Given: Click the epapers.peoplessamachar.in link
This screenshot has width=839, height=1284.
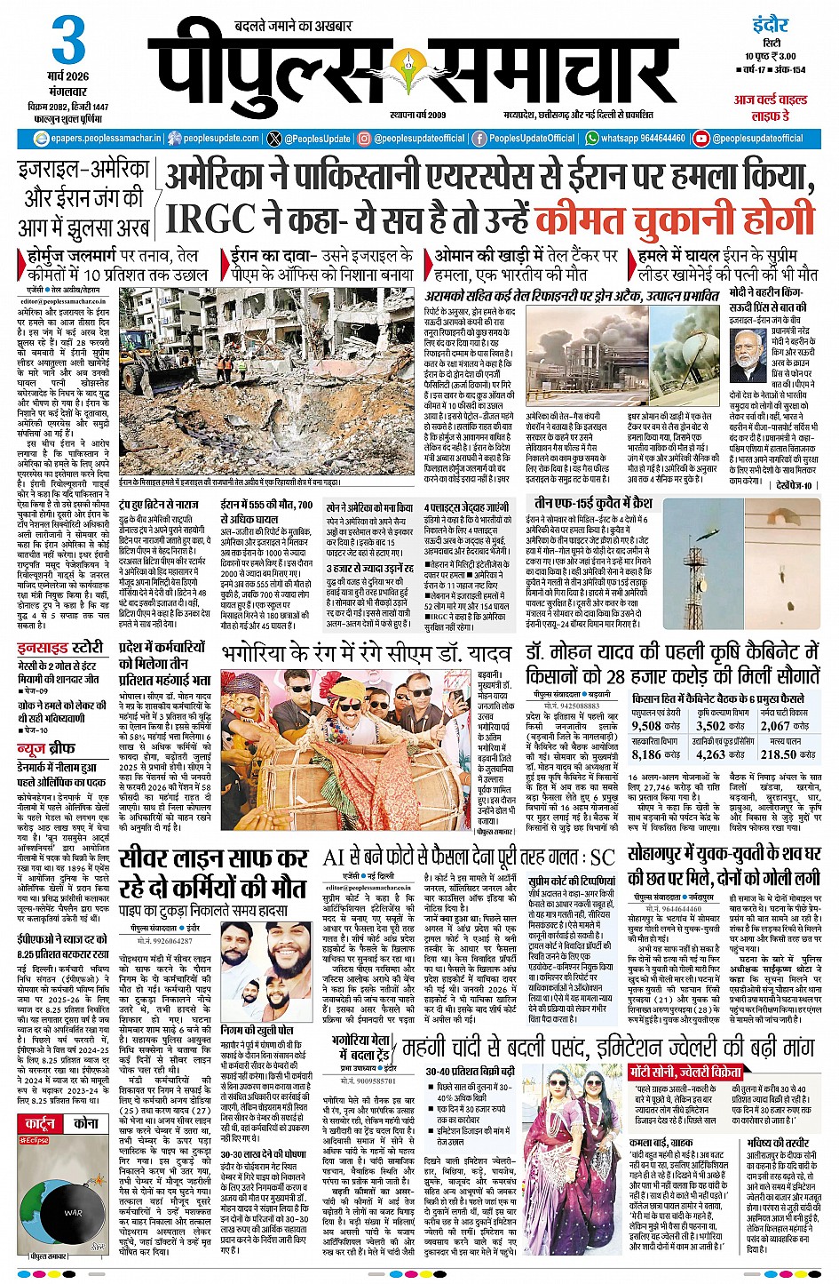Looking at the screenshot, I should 98,139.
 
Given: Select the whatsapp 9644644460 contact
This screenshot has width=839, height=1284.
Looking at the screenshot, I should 635,139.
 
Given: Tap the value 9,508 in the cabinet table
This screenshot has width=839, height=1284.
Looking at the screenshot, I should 645,726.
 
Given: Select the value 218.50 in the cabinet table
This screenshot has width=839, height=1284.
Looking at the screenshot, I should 779,754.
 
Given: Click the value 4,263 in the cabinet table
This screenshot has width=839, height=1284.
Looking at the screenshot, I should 710,754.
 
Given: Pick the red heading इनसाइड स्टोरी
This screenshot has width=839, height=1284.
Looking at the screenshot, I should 60,647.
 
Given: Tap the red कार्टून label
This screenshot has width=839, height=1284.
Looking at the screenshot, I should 38,1123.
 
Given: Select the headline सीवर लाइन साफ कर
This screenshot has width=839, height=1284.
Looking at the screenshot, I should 213,859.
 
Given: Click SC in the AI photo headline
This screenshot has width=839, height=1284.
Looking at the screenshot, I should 602,857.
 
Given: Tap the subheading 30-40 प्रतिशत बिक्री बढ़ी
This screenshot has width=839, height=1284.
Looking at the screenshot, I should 469,1072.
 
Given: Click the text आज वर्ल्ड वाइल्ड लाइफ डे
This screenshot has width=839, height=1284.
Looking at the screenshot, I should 769,108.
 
